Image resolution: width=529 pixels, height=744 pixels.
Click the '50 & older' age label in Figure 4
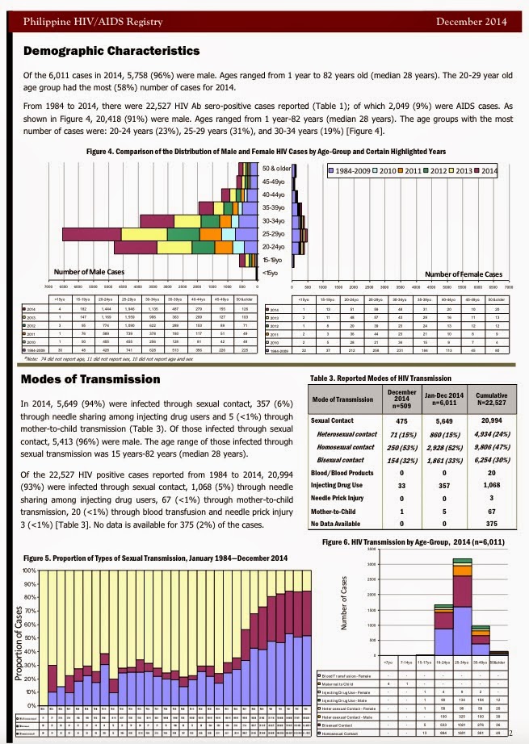click(277, 169)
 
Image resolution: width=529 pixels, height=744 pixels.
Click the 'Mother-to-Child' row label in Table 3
click(336, 512)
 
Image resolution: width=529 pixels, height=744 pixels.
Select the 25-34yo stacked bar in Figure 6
click(464, 594)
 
